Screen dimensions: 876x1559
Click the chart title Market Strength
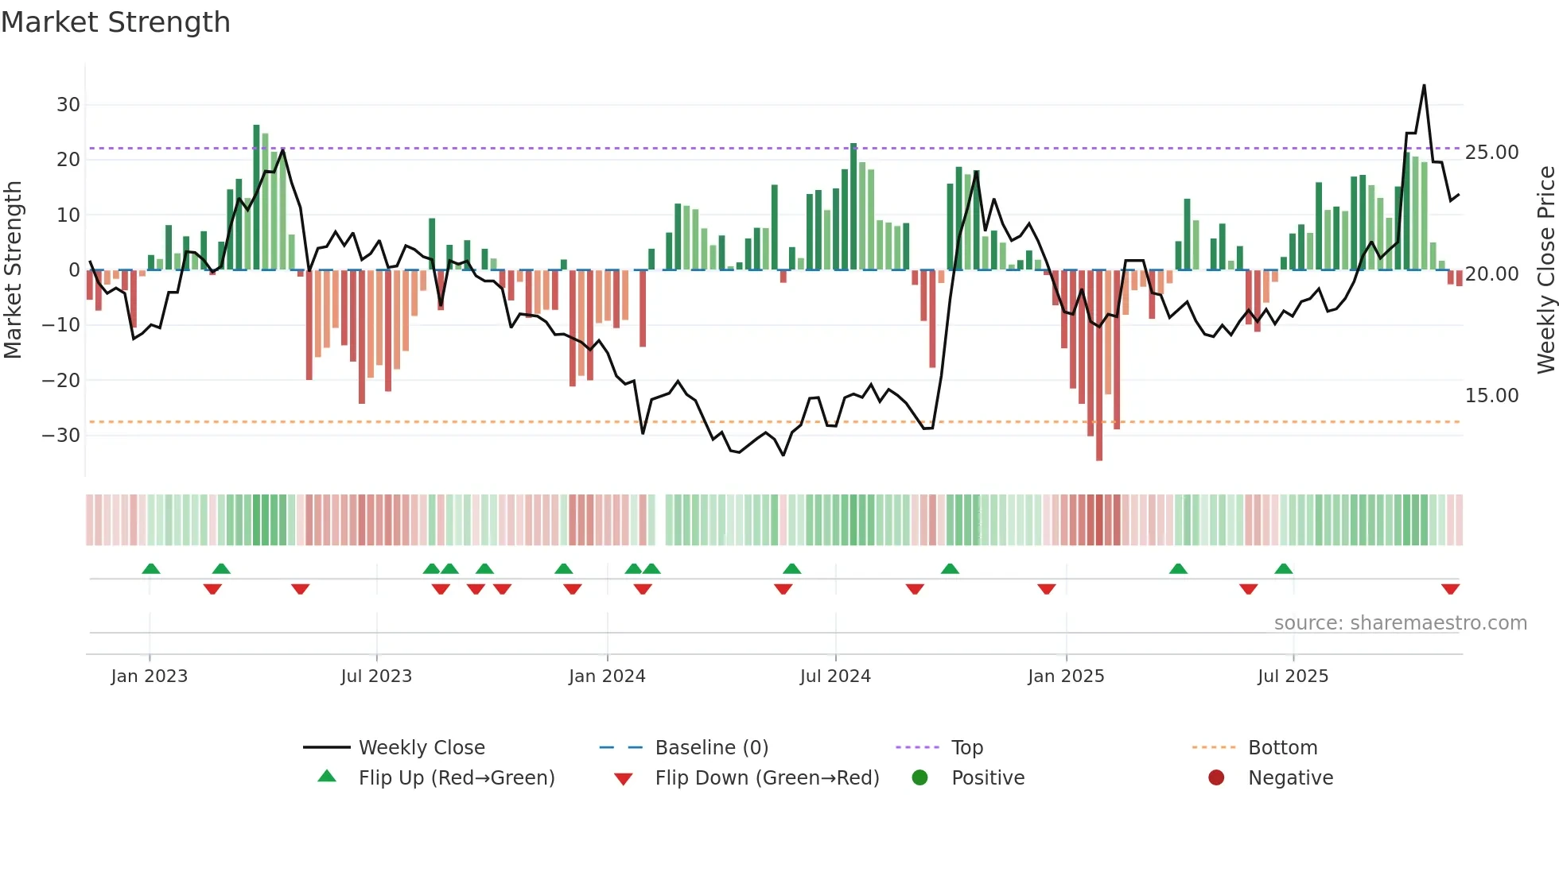[x=115, y=22]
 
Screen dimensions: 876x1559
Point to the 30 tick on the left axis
[x=68, y=105]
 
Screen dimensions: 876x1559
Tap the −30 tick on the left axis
[x=61, y=436]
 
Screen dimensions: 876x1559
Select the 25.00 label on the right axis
[x=1491, y=153]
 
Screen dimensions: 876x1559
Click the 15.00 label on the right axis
[x=1491, y=396]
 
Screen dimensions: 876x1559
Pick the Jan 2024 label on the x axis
[x=607, y=676]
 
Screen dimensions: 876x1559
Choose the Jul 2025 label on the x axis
[x=1293, y=676]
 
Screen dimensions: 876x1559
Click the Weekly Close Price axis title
[x=1545, y=270]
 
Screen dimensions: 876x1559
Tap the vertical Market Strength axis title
[x=14, y=270]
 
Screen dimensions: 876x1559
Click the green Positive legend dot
[x=919, y=778]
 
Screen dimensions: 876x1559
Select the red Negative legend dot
[x=1216, y=778]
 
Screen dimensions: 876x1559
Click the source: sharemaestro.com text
[x=1400, y=623]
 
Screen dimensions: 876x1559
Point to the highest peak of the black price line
[x=1424, y=86]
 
